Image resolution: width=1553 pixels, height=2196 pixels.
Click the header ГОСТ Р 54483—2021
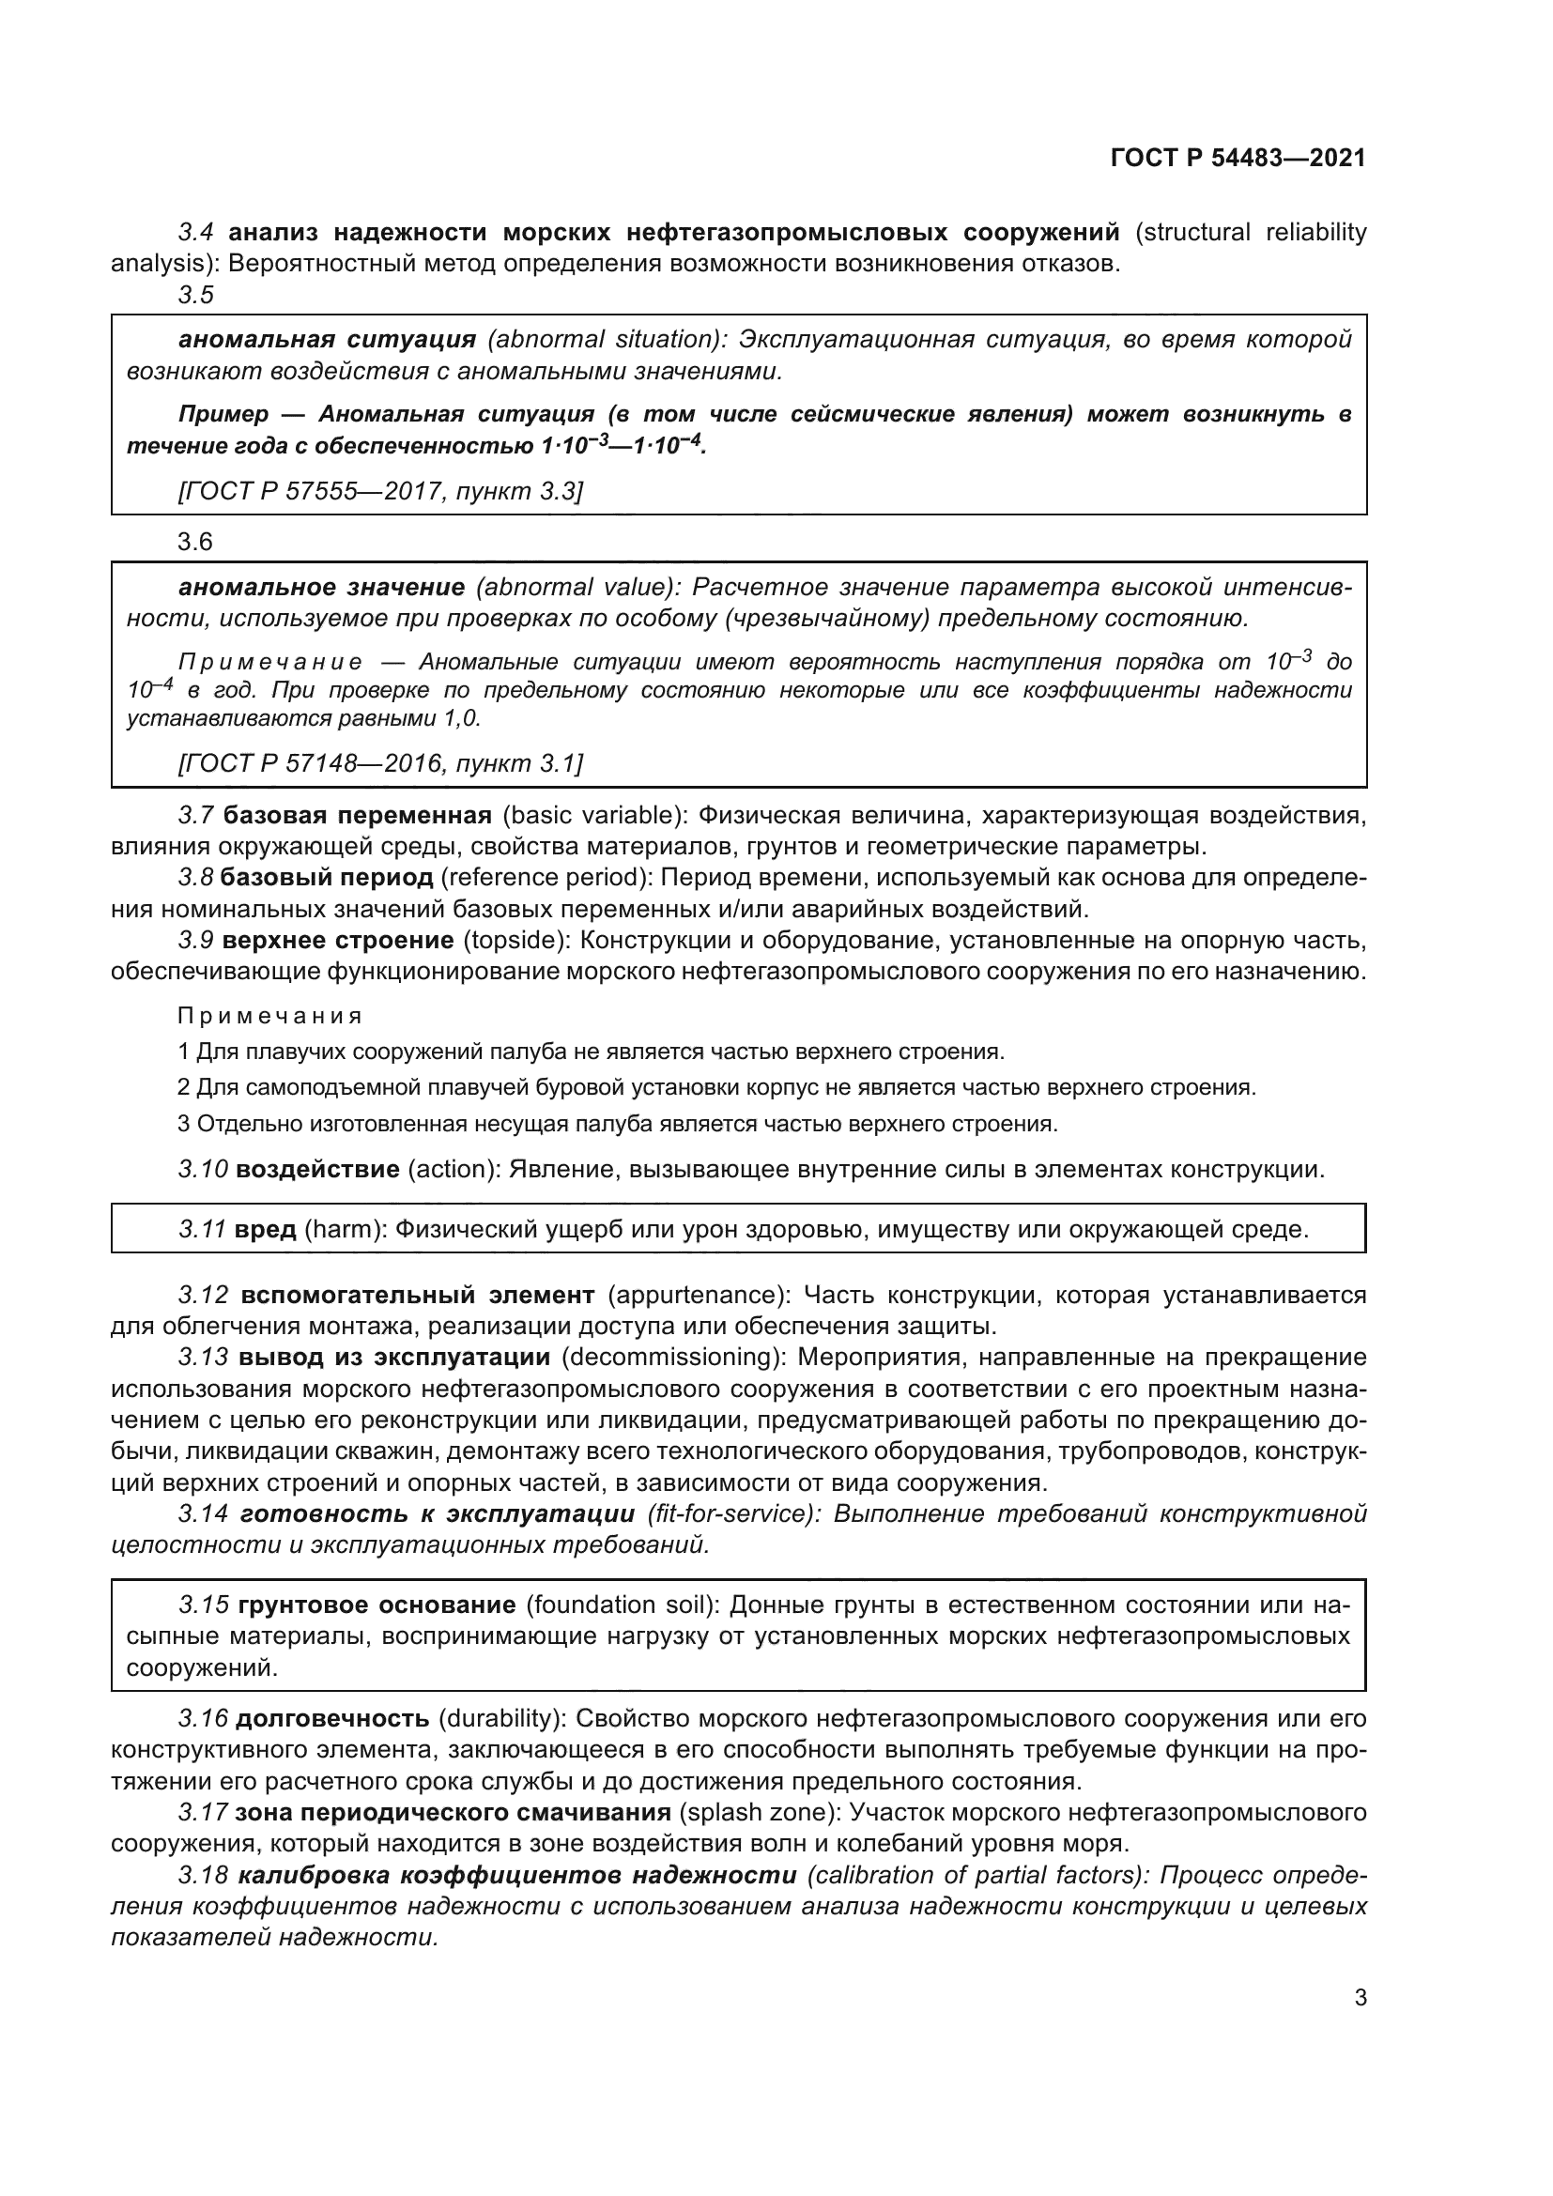1238,158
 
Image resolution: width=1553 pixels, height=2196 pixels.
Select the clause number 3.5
196,296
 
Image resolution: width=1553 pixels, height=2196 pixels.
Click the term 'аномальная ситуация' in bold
327,340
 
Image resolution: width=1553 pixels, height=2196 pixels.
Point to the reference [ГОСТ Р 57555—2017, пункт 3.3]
379,492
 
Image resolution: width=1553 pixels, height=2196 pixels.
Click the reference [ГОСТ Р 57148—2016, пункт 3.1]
379,763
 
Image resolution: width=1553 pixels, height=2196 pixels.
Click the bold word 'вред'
265,1229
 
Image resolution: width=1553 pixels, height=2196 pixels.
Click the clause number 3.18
203,1875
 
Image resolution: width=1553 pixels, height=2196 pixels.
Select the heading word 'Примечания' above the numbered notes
270,1016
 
